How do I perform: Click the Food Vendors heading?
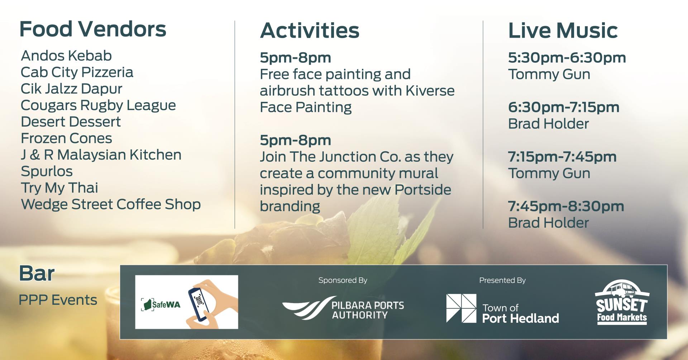pyautogui.click(x=92, y=29)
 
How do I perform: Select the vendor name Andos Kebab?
pyautogui.click(x=66, y=56)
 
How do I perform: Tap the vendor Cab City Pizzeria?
pyautogui.click(x=77, y=72)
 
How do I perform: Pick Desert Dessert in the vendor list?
pyautogui.click(x=71, y=122)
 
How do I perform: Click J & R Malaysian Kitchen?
pyautogui.click(x=101, y=155)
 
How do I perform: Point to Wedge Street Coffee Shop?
pyautogui.click(x=111, y=204)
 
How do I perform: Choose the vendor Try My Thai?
pyautogui.click(x=59, y=188)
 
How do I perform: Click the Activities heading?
pyautogui.click(x=310, y=31)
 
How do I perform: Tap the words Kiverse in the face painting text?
pyautogui.click(x=430, y=91)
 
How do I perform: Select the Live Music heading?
pyautogui.click(x=563, y=31)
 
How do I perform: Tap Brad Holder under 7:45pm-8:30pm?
pyautogui.click(x=548, y=223)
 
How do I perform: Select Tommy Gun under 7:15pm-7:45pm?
pyautogui.click(x=549, y=174)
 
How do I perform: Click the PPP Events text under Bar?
pyautogui.click(x=58, y=300)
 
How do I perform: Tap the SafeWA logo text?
pyautogui.click(x=166, y=305)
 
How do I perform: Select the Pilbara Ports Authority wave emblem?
pyautogui.click(x=308, y=308)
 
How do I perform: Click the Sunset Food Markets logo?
pyautogui.click(x=622, y=303)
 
